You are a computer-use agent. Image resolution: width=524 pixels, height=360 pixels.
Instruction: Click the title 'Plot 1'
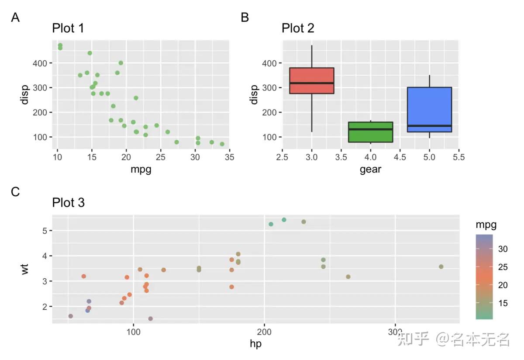[x=68, y=28]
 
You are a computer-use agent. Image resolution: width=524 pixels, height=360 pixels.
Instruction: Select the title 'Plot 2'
[x=298, y=28]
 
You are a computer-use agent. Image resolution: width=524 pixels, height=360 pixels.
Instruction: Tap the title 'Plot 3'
[x=68, y=203]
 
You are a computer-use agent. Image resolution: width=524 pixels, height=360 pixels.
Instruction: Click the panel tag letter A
[x=15, y=17]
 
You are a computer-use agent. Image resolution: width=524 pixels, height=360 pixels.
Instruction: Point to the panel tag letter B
[x=245, y=17]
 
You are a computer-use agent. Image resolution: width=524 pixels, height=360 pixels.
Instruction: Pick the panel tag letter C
[x=15, y=192]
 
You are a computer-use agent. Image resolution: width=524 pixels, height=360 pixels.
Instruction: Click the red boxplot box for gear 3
[x=312, y=81]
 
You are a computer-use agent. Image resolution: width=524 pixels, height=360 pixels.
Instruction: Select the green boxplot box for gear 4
[x=370, y=132]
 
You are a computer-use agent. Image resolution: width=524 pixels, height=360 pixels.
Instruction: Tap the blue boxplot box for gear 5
[x=429, y=109]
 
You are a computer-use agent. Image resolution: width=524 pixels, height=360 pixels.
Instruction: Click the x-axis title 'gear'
[x=370, y=170]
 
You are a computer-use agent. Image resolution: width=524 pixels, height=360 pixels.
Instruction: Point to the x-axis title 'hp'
[x=255, y=344]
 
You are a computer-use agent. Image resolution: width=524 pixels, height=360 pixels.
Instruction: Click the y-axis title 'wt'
[x=25, y=268]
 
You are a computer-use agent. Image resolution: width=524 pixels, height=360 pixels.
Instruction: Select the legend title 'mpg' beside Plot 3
[x=486, y=225]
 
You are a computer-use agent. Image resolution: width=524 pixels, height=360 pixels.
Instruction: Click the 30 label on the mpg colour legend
[x=503, y=249]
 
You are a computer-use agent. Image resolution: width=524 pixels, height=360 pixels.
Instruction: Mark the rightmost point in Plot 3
[x=441, y=267]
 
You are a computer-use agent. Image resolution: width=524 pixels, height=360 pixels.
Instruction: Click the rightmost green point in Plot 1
[x=222, y=144]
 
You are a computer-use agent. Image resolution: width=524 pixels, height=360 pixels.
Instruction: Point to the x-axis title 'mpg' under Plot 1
[x=141, y=170]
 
